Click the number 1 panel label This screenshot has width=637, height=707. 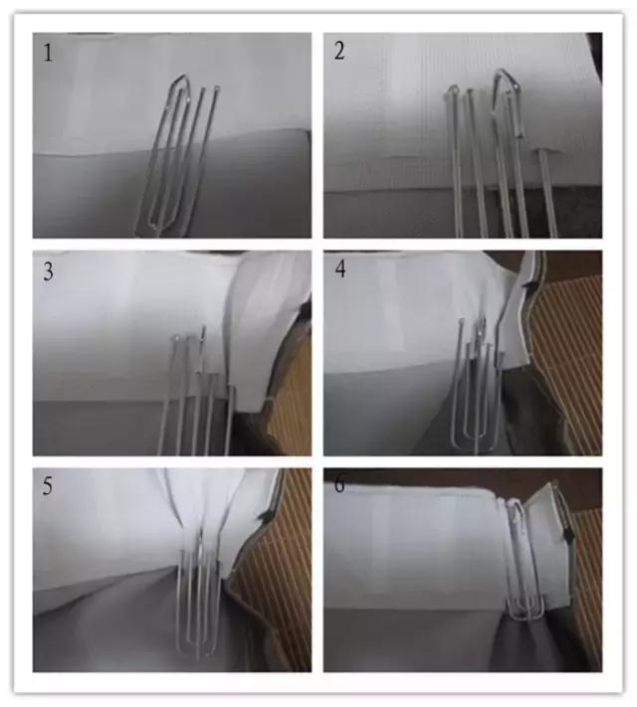47,52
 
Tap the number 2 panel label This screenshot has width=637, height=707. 339,52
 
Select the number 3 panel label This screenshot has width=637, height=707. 48,271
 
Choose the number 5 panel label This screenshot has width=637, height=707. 48,489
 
